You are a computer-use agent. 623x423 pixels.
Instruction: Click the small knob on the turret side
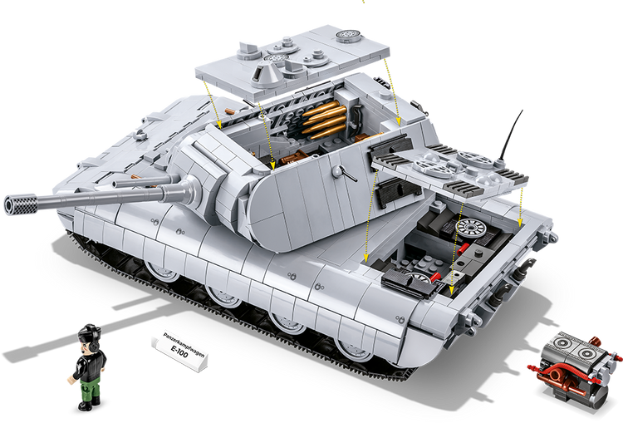pos(338,170)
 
